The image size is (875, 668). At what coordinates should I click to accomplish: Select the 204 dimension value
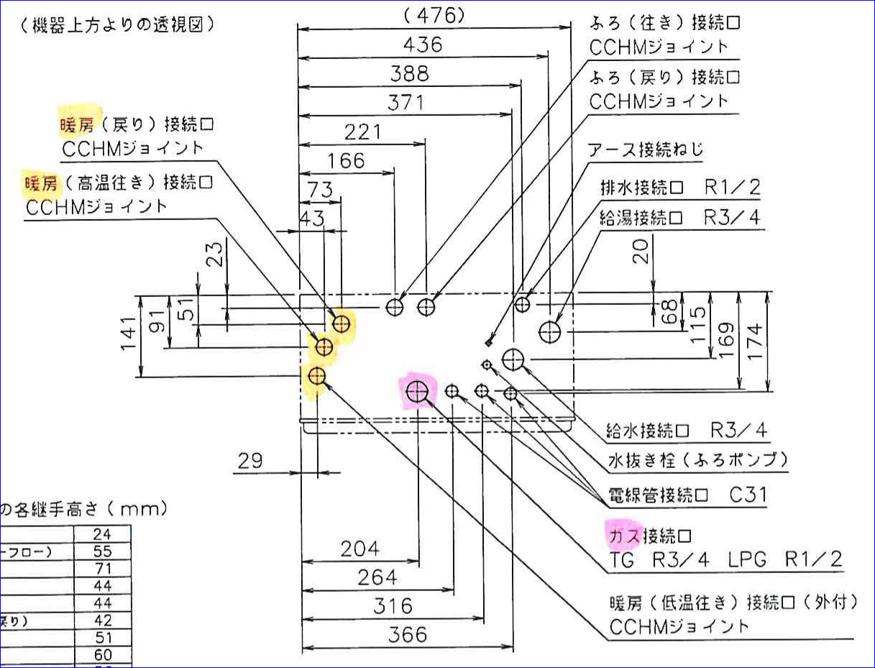(359, 549)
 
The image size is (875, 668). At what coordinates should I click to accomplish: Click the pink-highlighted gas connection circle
(418, 391)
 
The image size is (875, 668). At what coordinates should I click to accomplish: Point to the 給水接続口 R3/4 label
(686, 431)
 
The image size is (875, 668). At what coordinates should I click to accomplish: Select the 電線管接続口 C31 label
(685, 495)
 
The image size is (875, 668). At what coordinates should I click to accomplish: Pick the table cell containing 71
(102, 569)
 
